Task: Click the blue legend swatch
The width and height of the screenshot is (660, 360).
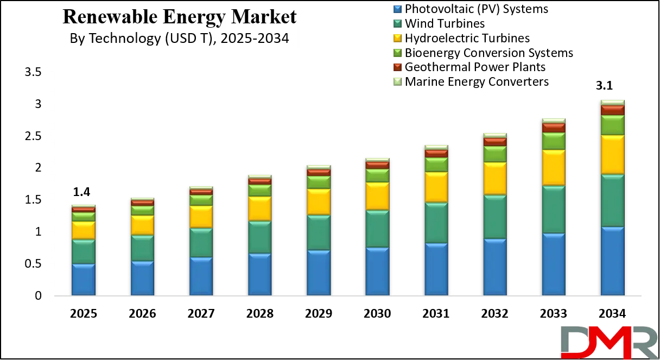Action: (x=397, y=8)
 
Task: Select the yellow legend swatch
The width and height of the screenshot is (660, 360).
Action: (x=397, y=37)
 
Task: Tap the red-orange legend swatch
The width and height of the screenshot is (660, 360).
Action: (x=397, y=66)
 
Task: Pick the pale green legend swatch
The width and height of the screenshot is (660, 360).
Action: (x=397, y=81)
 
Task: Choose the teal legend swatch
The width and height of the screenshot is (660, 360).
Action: (x=397, y=23)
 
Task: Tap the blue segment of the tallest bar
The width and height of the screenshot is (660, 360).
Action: (x=612, y=261)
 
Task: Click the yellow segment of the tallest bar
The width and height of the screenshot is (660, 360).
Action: (x=612, y=155)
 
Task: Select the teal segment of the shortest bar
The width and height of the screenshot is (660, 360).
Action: (x=83, y=251)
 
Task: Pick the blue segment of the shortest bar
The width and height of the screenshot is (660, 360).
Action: (x=83, y=280)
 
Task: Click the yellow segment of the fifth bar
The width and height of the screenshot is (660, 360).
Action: (x=319, y=201)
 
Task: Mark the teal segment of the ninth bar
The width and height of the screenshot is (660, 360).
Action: (x=554, y=210)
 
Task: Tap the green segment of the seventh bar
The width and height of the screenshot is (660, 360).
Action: (x=436, y=165)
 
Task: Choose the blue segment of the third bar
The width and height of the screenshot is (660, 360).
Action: (x=201, y=276)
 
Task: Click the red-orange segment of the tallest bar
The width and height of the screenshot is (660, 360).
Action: (x=612, y=110)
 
